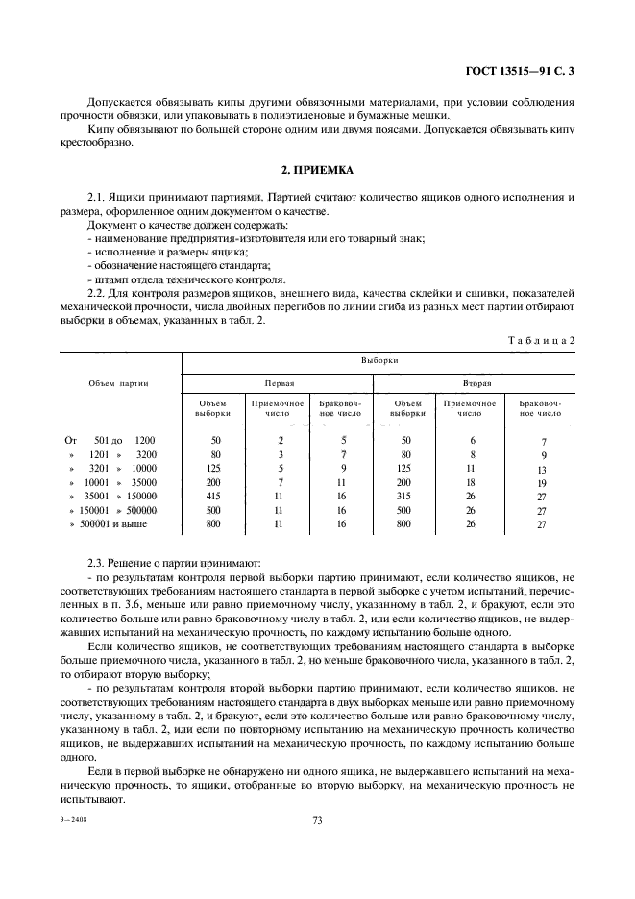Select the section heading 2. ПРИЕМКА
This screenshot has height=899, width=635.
click(317, 170)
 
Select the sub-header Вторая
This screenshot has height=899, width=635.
click(476, 381)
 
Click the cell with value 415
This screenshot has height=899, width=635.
click(215, 495)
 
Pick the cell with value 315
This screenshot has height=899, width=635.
click(407, 495)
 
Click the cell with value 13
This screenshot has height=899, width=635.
click(543, 470)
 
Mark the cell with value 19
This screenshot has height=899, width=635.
click(543, 483)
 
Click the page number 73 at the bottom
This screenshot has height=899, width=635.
click(316, 820)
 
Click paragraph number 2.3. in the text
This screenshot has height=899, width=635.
click(99, 562)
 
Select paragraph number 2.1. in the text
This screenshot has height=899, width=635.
click(99, 197)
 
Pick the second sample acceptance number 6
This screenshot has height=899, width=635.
click(473, 440)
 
